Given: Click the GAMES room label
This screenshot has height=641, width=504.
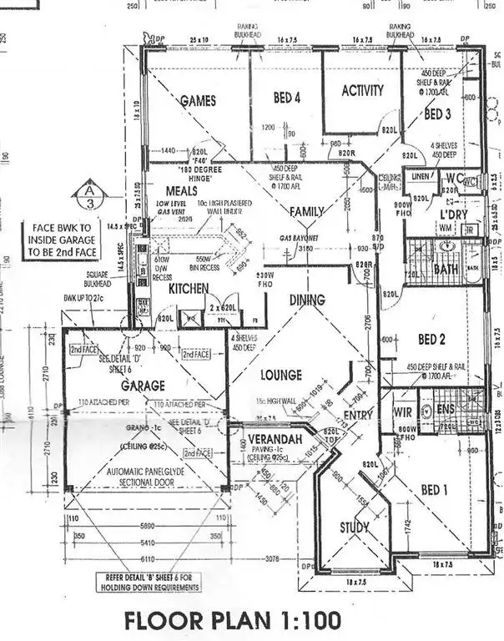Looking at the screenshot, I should tap(198, 101).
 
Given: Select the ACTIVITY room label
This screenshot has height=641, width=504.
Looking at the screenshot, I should tap(363, 91).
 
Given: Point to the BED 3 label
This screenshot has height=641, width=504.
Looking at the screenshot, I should tap(438, 113).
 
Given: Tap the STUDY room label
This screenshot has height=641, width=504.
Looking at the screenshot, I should tap(355, 527).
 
